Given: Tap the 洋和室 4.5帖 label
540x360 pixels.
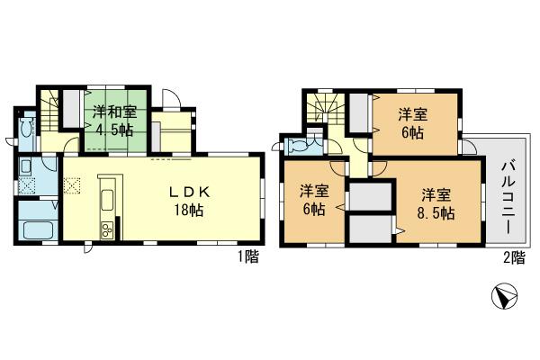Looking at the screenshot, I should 114,121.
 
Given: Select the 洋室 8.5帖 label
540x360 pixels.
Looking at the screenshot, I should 436,203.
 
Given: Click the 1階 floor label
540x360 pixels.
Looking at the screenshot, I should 248,258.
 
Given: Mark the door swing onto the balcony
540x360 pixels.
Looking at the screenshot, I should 468,147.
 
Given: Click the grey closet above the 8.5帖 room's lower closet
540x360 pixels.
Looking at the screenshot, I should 368,195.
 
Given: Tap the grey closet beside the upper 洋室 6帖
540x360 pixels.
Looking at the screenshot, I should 358,112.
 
